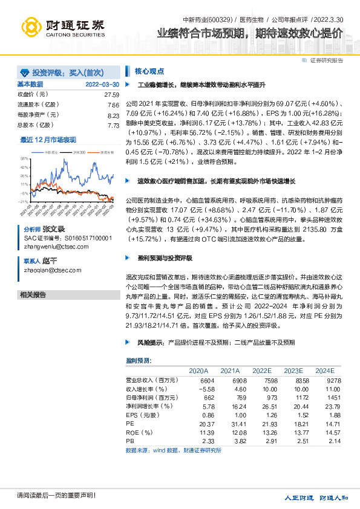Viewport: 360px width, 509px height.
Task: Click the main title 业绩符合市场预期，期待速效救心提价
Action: coord(249,34)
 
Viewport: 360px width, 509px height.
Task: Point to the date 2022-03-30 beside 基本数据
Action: coord(102,84)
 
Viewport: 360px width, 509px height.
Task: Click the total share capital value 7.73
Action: coord(113,125)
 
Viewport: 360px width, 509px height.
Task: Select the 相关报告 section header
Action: coord(33,295)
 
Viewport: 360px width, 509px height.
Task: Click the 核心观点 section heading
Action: coord(149,71)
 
